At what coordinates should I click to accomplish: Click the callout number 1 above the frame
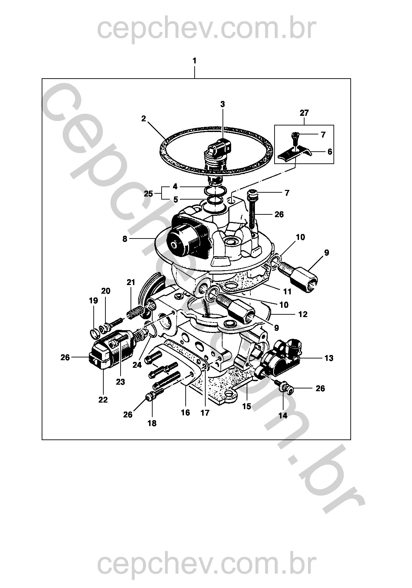coord(194,61)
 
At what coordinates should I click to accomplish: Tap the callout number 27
coord(304,113)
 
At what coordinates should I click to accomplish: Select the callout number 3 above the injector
coord(223,104)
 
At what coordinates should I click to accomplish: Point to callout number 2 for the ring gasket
coord(143,119)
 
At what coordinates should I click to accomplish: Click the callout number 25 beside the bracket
coord(148,194)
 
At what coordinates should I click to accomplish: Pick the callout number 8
coord(125,239)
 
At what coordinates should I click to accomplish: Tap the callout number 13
coord(329,358)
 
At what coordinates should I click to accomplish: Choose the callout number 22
coord(103,399)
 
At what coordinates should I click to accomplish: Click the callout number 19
coord(93,301)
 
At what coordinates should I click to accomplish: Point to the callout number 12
coord(303,314)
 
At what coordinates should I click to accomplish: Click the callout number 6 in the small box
coord(330,152)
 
